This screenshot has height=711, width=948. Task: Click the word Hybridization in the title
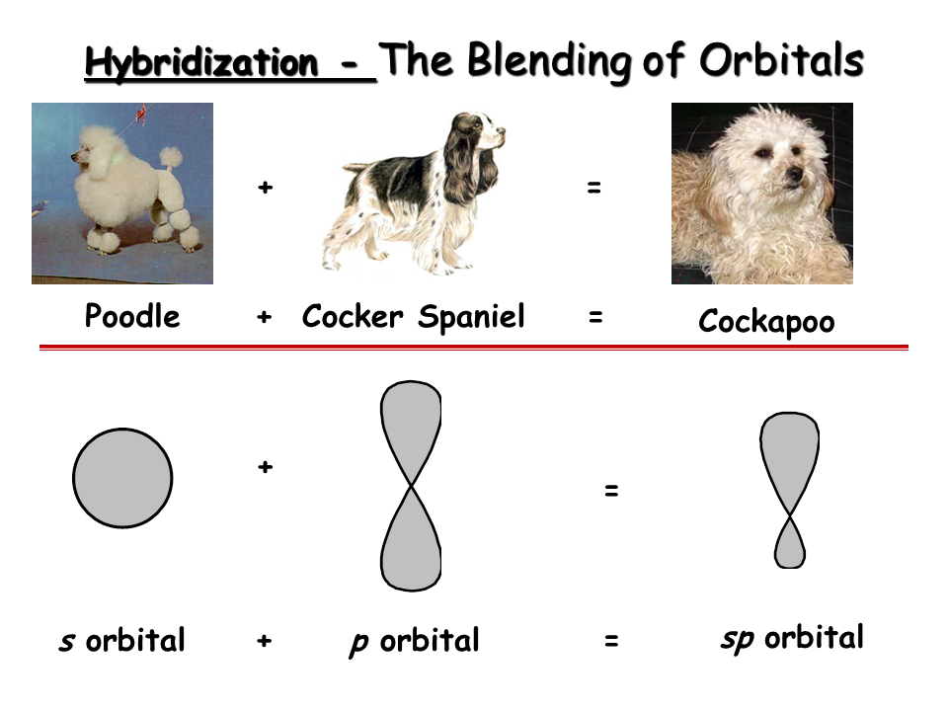pos(201,63)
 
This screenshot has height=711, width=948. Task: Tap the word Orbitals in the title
pos(781,60)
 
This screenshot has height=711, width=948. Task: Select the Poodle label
pos(131,316)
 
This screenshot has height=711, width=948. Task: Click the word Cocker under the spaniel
pos(353,316)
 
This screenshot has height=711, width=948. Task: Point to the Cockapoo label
pos(766,321)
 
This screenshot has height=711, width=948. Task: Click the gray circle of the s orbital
pos(122,478)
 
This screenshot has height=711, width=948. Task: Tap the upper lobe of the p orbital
pos(411,431)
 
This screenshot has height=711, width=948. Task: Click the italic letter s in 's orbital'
pos(67,642)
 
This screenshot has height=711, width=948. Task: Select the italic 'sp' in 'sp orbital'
pos(738,639)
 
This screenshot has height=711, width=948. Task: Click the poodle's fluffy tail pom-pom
pos(171,157)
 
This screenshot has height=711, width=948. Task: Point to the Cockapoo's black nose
pos(794,175)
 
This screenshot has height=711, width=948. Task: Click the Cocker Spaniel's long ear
pos(462,163)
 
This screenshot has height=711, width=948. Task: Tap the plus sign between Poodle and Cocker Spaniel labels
pos(265,316)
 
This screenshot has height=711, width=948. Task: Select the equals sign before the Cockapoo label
pos(595,316)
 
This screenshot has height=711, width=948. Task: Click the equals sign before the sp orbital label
pos(611,640)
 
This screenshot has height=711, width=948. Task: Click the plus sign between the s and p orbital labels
pos(265,640)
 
